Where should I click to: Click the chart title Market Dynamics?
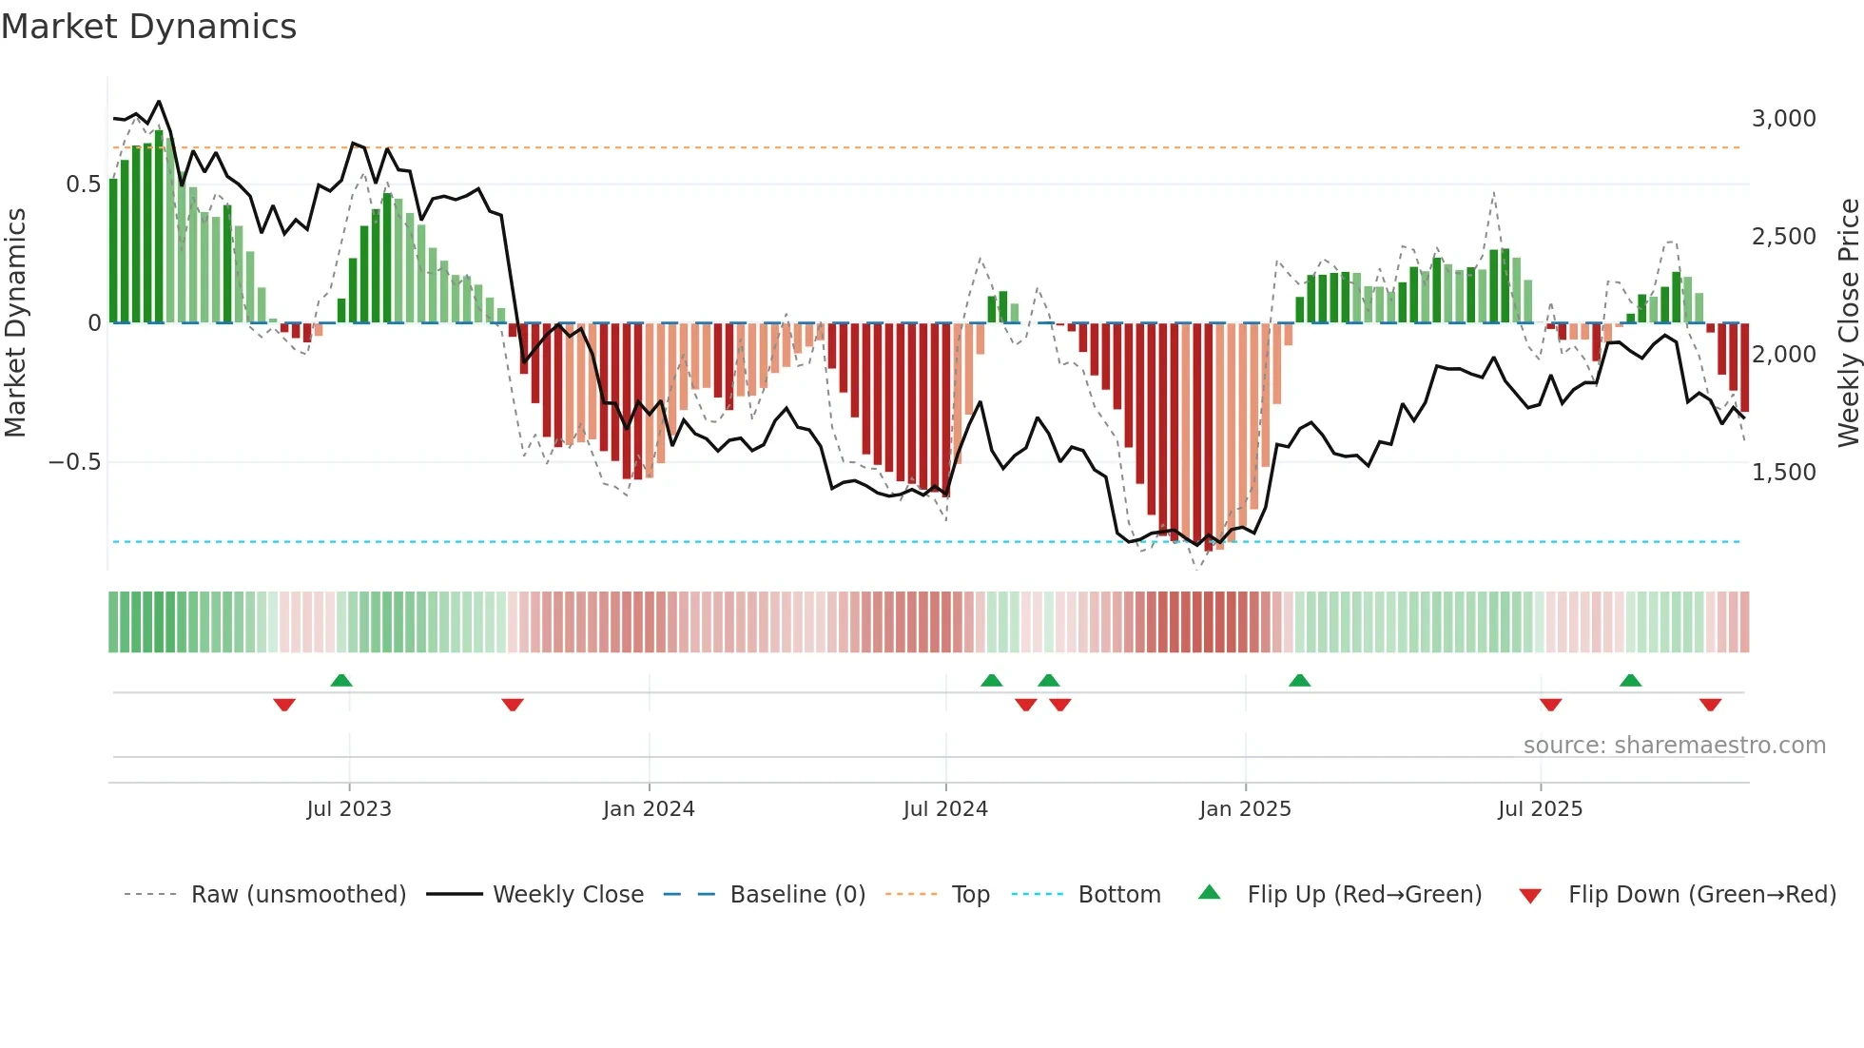click(148, 27)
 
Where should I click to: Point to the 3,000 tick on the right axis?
click(1783, 119)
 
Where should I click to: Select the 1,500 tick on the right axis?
click(1783, 473)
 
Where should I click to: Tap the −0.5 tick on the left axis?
click(74, 462)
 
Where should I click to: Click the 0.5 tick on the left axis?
click(83, 184)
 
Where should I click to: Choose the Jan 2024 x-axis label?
click(649, 809)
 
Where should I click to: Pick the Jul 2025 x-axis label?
click(1540, 809)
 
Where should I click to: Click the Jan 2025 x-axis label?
click(1245, 809)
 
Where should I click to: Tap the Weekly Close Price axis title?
click(1848, 323)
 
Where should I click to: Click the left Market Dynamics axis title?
click(15, 323)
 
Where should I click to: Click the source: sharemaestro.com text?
click(1674, 746)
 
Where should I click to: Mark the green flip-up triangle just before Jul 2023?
click(341, 680)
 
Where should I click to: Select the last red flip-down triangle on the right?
click(1710, 705)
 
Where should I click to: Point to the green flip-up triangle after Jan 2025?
click(1299, 680)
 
